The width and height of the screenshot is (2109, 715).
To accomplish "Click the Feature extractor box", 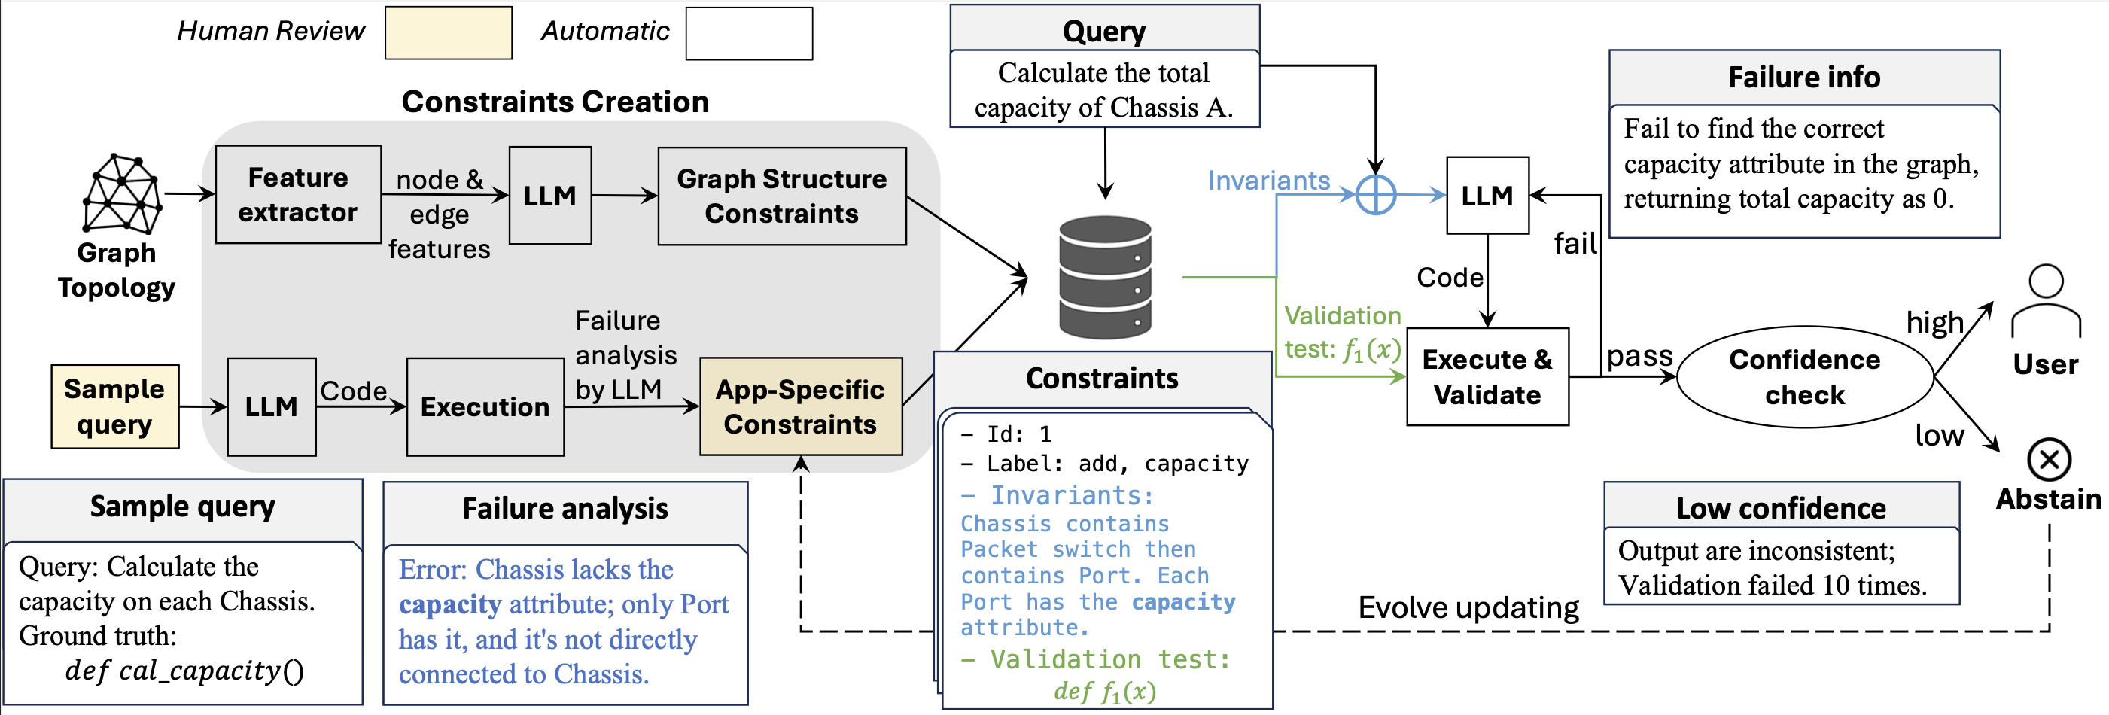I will [298, 195].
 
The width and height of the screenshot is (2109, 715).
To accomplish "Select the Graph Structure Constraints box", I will [782, 196].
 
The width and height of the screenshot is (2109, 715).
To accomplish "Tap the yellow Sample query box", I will [114, 406].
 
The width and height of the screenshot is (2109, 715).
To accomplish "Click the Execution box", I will [485, 406].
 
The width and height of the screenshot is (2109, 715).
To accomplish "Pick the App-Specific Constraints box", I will [801, 406].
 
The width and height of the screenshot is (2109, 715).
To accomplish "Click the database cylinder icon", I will [1105, 277].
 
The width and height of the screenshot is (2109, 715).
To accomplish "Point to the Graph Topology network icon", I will [122, 193].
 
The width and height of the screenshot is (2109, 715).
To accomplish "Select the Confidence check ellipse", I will [1804, 377].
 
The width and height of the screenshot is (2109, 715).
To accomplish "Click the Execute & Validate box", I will [1487, 377].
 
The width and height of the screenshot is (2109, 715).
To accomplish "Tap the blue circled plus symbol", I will [1375, 195].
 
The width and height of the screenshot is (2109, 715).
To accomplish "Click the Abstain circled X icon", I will [2050, 459].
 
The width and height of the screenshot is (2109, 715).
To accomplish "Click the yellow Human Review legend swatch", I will [449, 33].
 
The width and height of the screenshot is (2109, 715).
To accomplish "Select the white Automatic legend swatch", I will [749, 34].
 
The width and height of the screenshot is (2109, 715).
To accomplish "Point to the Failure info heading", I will [1803, 77].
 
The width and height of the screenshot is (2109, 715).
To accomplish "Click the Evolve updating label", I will [1468, 607].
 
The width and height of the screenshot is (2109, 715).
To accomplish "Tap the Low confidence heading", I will [1781, 508].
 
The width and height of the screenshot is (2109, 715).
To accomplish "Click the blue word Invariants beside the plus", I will [1269, 180].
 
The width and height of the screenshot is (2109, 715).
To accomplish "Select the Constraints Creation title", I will [555, 102].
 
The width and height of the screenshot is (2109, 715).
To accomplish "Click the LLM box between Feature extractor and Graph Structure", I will [550, 196].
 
